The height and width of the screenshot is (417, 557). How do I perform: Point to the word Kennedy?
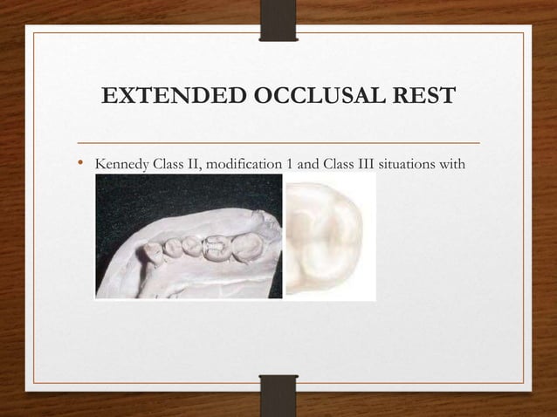(120, 164)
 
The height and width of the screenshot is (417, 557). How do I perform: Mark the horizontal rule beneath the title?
(278, 141)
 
